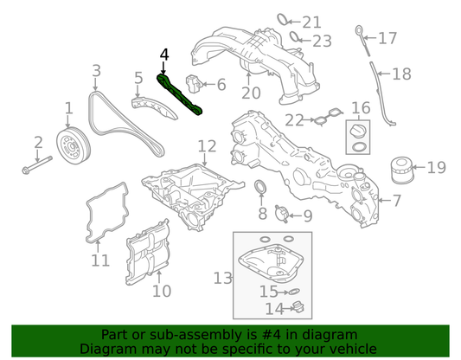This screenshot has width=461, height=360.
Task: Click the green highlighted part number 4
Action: [178, 94]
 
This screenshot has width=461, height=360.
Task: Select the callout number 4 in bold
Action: [164, 55]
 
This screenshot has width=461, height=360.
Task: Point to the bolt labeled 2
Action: [37, 165]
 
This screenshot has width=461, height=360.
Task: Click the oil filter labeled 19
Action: [402, 170]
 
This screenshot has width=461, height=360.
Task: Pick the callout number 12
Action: [207, 146]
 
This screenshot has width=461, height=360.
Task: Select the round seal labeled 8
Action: [261, 187]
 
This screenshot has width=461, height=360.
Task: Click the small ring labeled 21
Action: [282, 19]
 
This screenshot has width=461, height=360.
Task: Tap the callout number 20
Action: [251, 93]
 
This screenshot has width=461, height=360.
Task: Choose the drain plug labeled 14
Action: [298, 308]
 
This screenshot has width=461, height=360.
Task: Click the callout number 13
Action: [222, 278]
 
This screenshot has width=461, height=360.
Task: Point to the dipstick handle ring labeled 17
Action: [360, 30]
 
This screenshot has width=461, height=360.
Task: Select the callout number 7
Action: [397, 201]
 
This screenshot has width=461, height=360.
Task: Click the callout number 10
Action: [162, 291]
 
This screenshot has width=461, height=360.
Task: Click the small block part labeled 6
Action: [193, 84]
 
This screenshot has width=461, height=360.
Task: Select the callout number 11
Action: [100, 260]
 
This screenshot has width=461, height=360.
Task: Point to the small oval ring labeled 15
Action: [294, 292]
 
